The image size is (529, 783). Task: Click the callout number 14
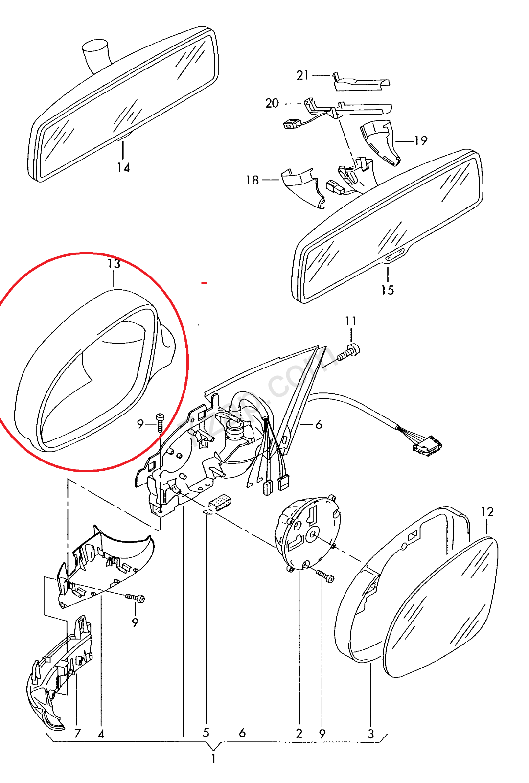[x=123, y=167]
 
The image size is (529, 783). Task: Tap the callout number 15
[x=387, y=290]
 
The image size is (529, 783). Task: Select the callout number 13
[x=114, y=264]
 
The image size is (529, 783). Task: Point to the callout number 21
[x=302, y=75]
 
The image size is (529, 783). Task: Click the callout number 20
[x=272, y=103]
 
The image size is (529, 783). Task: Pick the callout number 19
[x=421, y=141]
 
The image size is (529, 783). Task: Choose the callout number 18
[x=252, y=180]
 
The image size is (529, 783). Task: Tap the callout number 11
[x=351, y=321]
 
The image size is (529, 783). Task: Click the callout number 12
[x=487, y=512]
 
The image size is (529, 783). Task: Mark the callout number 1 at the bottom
[x=213, y=759]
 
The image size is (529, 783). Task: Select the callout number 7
[x=77, y=733]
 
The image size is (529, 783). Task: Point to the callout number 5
[x=206, y=733]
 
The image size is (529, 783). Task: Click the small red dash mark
[x=204, y=283]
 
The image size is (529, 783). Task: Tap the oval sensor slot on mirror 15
[x=395, y=256]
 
